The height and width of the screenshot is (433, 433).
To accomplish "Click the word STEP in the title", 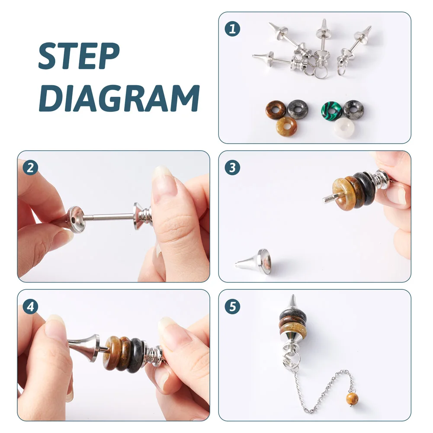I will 79,56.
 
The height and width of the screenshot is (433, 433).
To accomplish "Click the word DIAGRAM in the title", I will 119,98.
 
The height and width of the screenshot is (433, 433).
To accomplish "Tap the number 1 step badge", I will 232,29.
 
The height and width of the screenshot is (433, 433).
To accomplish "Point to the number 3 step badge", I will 232,167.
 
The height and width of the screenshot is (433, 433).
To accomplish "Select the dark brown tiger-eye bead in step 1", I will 276,110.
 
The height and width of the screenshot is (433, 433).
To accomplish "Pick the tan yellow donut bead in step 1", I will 286,126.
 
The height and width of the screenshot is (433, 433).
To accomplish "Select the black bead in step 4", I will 136,353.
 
